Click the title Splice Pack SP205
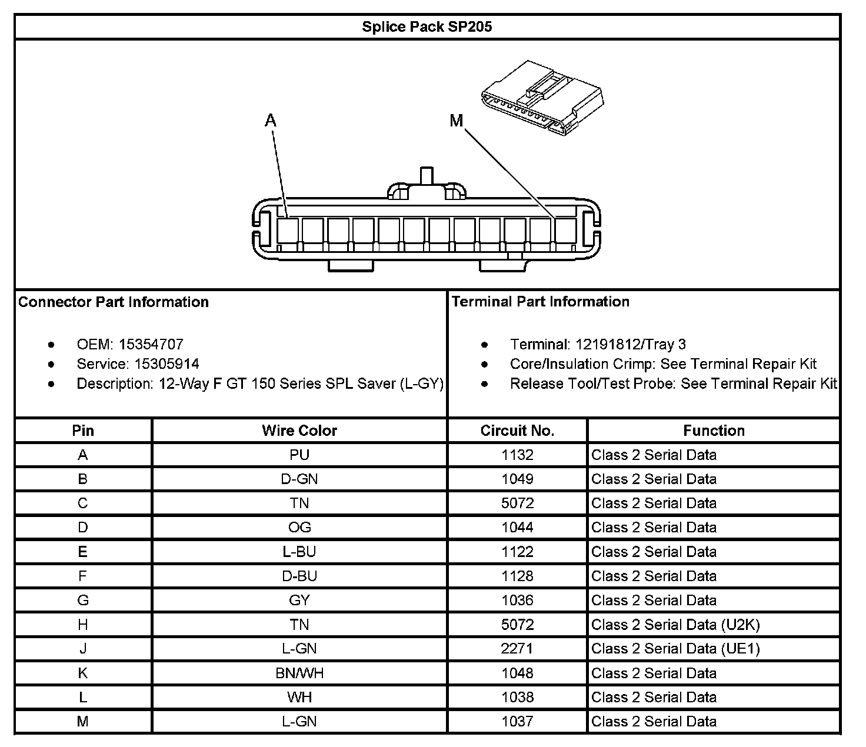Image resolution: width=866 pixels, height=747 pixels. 427,27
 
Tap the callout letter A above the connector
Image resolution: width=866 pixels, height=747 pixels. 270,121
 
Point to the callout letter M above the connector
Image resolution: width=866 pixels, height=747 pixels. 457,121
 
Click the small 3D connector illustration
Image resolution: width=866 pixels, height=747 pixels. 542,98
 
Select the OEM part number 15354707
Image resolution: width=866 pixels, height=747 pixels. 151,344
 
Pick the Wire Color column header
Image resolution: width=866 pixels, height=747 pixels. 299,431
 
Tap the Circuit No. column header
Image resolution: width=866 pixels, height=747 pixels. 517,431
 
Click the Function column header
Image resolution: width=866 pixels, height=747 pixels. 714,431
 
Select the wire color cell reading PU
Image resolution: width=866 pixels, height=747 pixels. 299,455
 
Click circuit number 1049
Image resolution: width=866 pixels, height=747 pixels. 517,479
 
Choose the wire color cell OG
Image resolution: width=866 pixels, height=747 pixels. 299,528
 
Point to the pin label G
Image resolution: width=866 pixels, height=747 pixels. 83,600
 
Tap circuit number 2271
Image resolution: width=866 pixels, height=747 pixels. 517,649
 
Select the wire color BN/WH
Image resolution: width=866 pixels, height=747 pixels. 299,673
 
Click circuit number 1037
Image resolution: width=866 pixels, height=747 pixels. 517,721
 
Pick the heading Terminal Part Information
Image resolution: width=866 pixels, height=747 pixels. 540,302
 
